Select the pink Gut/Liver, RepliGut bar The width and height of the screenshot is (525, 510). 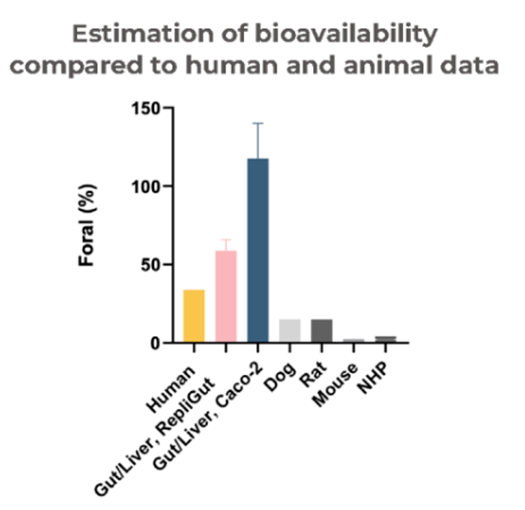[x=226, y=296]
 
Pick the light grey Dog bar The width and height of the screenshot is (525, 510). [x=290, y=330]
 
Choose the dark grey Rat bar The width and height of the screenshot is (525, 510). [x=322, y=330]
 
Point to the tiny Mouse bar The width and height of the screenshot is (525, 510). [x=353, y=340]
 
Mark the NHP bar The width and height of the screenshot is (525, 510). [x=385, y=339]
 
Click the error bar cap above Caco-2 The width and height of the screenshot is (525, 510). [x=258, y=124]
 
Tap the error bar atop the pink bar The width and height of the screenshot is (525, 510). [x=226, y=240]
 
